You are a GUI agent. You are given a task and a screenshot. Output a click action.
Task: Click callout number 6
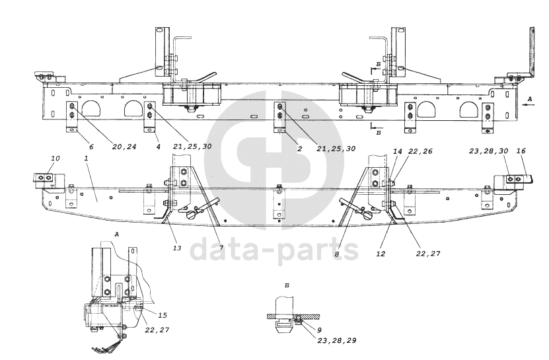[x=91, y=147]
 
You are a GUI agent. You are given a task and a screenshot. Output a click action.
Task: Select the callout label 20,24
[x=124, y=147]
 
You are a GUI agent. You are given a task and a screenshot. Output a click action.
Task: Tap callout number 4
[x=159, y=147]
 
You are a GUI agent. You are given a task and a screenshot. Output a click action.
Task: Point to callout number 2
[x=299, y=149]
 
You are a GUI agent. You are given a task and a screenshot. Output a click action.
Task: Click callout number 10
[x=55, y=159]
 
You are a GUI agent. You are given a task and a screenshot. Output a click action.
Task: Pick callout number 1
[x=86, y=159]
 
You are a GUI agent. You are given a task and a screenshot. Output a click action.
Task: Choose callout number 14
[x=398, y=151]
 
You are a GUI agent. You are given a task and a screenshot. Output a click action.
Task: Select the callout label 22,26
[x=420, y=151]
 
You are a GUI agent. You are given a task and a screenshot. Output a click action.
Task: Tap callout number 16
[x=521, y=151]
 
